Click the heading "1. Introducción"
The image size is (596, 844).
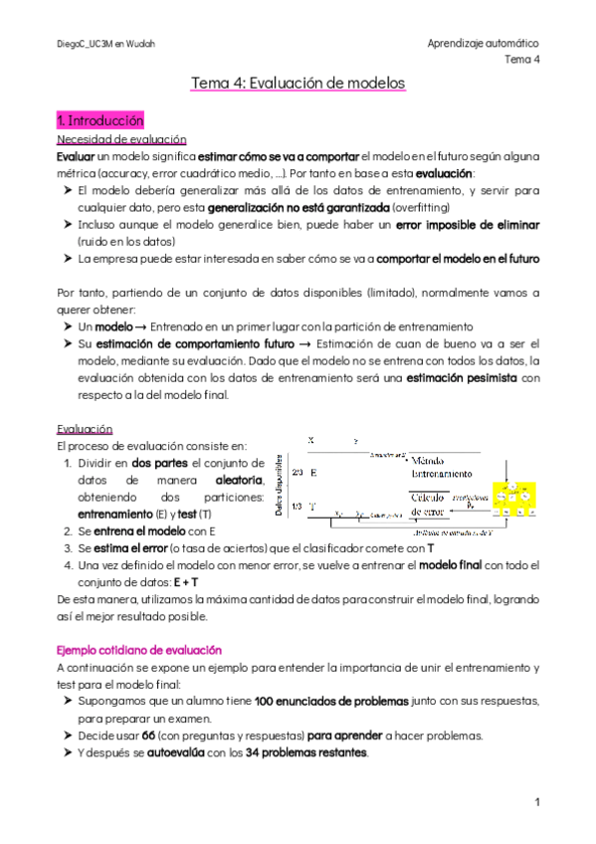[101, 120]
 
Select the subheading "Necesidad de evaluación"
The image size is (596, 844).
[121, 139]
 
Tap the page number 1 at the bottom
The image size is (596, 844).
[536, 801]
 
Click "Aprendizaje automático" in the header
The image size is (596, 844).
[483, 44]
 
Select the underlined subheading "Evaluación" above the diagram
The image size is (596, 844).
[85, 429]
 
